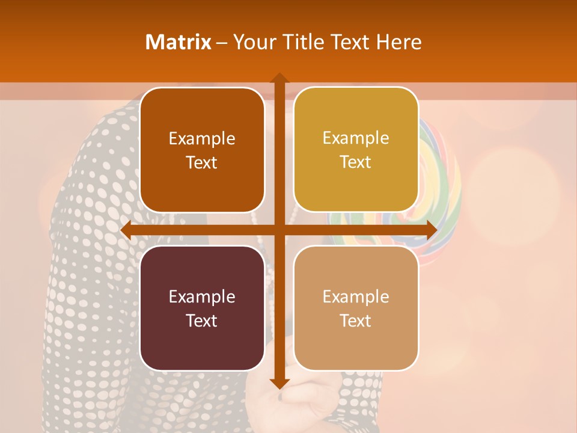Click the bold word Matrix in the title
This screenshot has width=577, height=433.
[179, 42]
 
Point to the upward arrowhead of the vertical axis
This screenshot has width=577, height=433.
[279, 79]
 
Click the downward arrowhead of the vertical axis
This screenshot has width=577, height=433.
[279, 383]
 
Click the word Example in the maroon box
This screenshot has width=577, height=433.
[202, 297]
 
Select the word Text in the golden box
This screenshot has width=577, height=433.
[356, 162]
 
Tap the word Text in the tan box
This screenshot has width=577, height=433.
[356, 321]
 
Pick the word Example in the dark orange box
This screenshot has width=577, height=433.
[202, 139]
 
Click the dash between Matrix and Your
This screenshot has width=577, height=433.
[222, 43]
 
